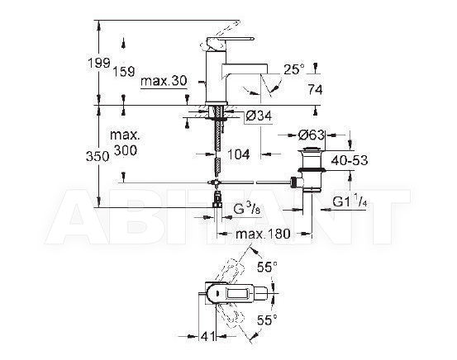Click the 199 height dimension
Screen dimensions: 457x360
(99, 63)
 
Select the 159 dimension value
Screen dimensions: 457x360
(124, 71)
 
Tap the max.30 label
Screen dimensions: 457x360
(164, 81)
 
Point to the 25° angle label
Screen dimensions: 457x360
(293, 69)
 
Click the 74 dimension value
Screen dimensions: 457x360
(315, 90)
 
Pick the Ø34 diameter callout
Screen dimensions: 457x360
(259, 116)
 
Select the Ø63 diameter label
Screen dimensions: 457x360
(311, 135)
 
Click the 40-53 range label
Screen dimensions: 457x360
(350, 160)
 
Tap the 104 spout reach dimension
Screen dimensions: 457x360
(238, 154)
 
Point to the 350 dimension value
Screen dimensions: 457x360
(98, 157)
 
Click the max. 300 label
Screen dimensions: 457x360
(125, 143)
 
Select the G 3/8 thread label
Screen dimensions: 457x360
(247, 209)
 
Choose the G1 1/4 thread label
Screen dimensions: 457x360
(350, 201)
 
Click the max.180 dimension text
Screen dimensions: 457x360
(263, 234)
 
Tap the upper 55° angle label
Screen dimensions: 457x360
(267, 267)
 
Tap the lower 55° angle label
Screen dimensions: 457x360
(267, 320)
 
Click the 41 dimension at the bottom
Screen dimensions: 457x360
(207, 336)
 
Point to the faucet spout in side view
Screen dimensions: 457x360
(245, 70)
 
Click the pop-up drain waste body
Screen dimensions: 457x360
(312, 170)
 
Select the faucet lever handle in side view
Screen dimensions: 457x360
(230, 40)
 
